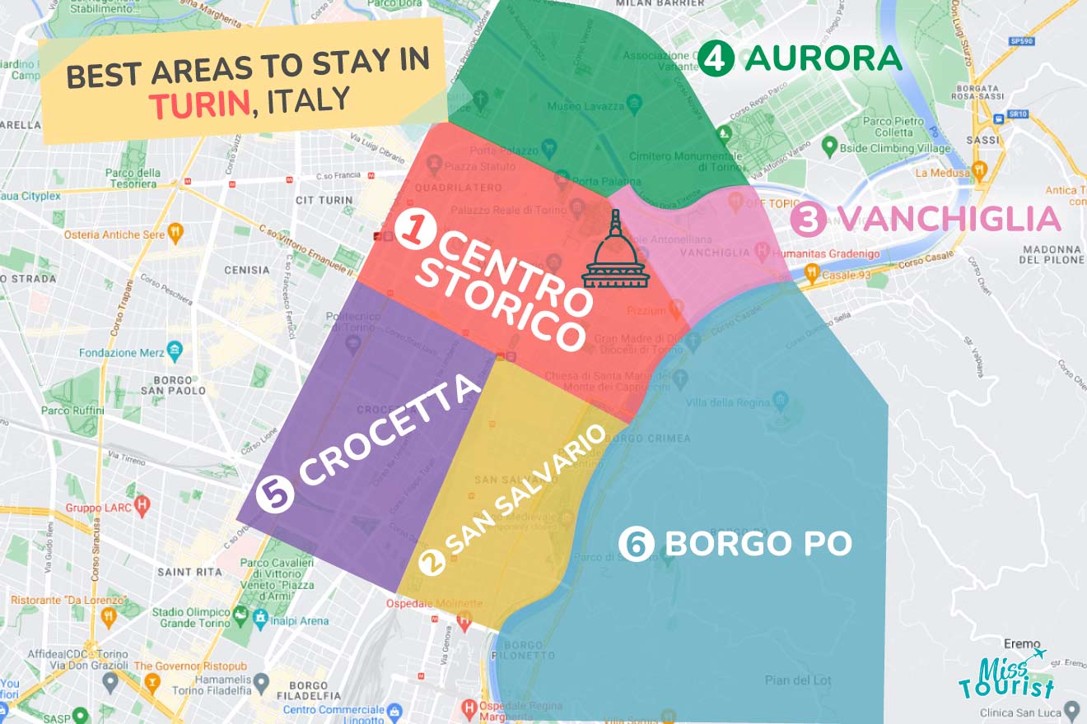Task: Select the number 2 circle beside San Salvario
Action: pyautogui.click(x=432, y=562)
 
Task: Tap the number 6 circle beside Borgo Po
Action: pyautogui.click(x=637, y=544)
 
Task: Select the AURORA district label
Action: pyautogui.click(x=823, y=58)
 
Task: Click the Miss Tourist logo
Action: pyautogui.click(x=1006, y=675)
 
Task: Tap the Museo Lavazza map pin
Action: pyautogui.click(x=633, y=104)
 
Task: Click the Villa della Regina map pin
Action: pyautogui.click(x=781, y=401)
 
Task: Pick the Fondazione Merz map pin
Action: pyautogui.click(x=175, y=352)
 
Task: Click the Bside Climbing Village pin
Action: pyautogui.click(x=829, y=147)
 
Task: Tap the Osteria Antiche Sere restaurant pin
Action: pyautogui.click(x=175, y=233)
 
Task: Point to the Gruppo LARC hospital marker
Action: pyautogui.click(x=142, y=504)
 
